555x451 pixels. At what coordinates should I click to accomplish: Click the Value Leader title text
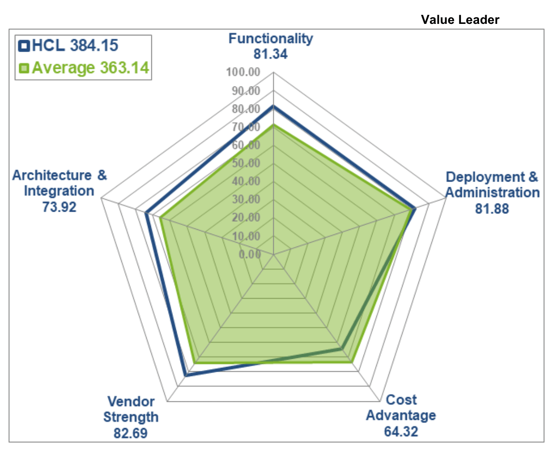460,20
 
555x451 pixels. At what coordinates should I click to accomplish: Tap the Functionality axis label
270,38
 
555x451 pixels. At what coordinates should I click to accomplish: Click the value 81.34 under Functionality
270,54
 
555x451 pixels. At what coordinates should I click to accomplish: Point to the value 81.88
492,208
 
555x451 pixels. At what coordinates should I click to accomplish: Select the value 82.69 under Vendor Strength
130,433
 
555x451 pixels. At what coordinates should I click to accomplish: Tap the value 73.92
59,207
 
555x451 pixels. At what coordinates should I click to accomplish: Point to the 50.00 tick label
246,163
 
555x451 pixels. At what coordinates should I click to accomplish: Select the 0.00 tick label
250,254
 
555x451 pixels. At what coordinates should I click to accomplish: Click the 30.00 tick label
246,199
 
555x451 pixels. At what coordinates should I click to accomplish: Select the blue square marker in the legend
24,46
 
